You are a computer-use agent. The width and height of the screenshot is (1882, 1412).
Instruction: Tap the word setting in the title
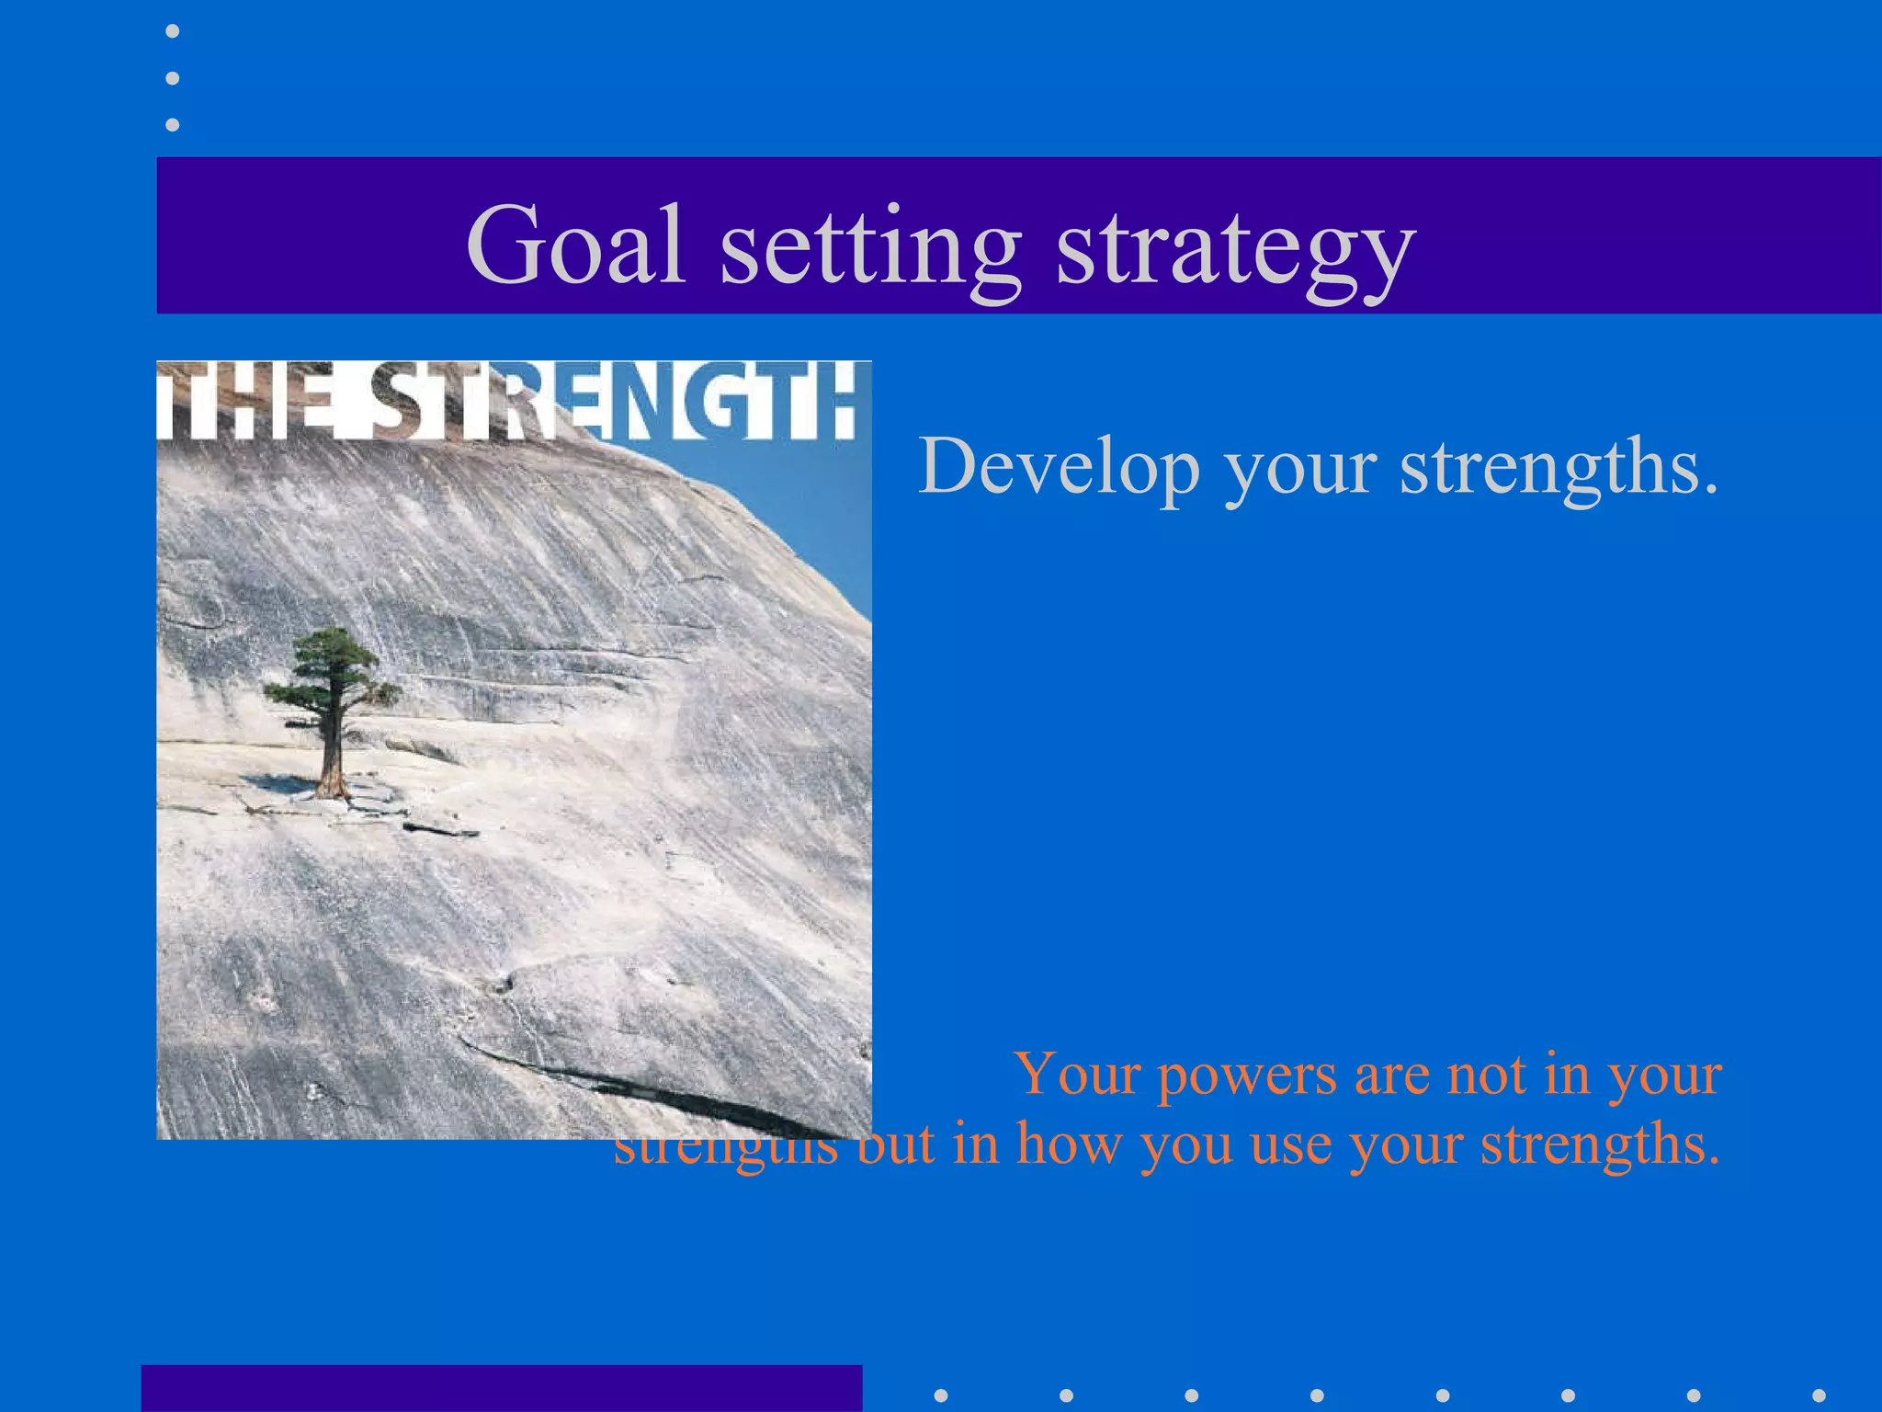click(x=869, y=248)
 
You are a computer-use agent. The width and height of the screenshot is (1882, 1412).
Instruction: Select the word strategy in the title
click(x=1235, y=250)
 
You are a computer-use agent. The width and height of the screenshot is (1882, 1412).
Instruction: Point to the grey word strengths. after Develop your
click(x=1559, y=467)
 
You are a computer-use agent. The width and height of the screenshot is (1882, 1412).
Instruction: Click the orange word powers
click(x=1246, y=1076)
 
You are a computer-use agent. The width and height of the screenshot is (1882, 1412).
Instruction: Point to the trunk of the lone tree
click(x=331, y=754)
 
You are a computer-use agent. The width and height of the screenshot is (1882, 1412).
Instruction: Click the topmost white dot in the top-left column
click(x=172, y=31)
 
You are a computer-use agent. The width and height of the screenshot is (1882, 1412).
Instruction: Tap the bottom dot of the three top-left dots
click(x=172, y=124)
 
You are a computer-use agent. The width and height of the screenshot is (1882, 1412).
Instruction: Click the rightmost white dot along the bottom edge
click(x=1819, y=1395)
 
